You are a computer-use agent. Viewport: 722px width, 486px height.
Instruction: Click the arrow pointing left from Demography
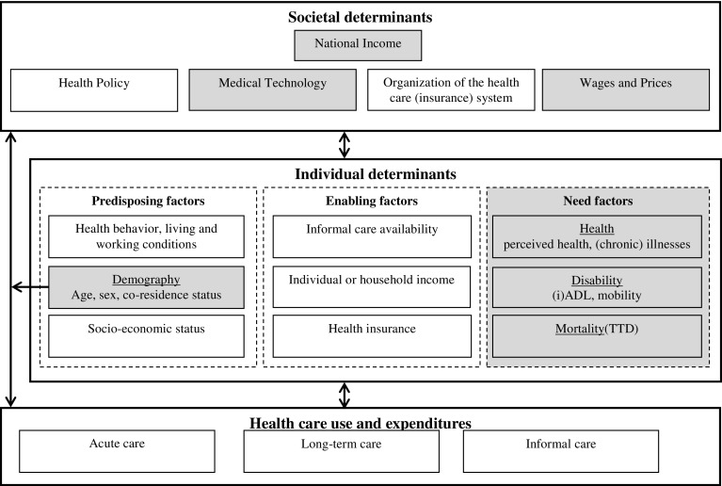[24, 286]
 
